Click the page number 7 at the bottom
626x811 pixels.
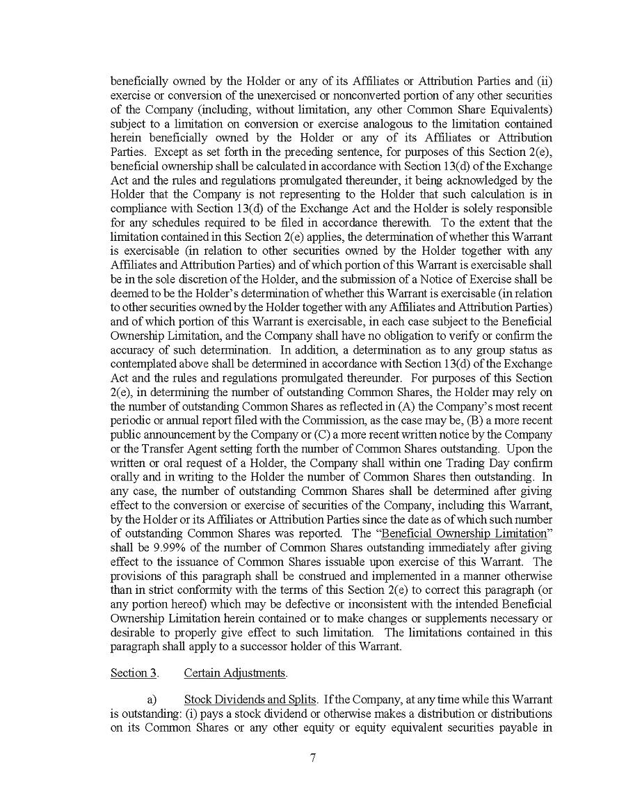click(313, 758)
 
